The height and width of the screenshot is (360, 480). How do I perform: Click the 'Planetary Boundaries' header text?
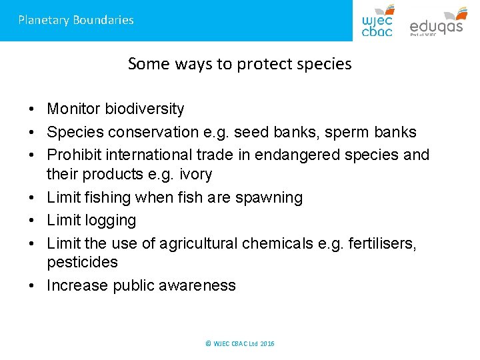(x=76, y=20)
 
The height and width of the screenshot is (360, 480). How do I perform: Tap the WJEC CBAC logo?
(x=378, y=21)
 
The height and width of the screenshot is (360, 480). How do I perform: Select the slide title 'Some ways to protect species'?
(x=239, y=64)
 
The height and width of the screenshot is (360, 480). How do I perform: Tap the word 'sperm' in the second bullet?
(x=340, y=132)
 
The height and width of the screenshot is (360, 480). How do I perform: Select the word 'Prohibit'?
(x=71, y=155)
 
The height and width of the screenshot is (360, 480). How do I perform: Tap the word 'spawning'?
(x=269, y=198)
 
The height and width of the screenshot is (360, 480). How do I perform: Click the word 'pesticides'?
(x=82, y=263)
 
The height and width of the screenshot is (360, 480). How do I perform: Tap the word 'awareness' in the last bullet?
(x=201, y=286)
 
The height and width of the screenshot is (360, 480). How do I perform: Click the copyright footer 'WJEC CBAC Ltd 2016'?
(x=240, y=344)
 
